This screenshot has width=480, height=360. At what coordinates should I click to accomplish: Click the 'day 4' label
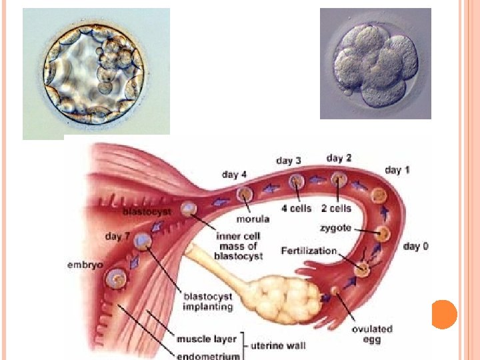(x=234, y=175)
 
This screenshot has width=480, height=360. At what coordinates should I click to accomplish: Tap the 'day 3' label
(x=289, y=161)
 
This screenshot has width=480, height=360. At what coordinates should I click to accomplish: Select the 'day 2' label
(x=339, y=158)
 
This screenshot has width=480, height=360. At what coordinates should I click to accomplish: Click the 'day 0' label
(x=416, y=247)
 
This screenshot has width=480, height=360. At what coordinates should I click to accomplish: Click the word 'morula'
(x=253, y=219)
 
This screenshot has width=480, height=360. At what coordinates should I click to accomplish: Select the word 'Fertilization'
(x=309, y=251)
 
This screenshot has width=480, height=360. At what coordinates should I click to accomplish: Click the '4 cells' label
(x=296, y=209)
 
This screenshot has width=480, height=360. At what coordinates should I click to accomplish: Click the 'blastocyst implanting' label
(x=208, y=301)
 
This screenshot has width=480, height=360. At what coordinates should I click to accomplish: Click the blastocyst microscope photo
(x=96, y=73)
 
